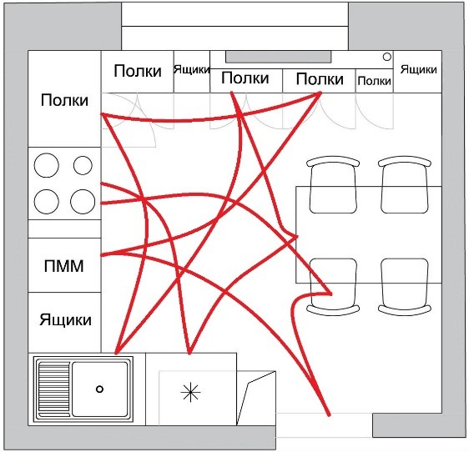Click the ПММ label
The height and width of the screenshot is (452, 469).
click(x=63, y=266)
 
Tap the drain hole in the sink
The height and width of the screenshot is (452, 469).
click(x=99, y=389)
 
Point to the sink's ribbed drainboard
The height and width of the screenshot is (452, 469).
click(x=54, y=389)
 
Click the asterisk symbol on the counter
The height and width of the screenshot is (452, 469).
click(x=190, y=393)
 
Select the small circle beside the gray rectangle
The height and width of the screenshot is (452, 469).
click(x=387, y=57)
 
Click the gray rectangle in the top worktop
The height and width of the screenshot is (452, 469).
click(x=278, y=57)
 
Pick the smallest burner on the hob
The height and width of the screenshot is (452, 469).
click(x=83, y=165)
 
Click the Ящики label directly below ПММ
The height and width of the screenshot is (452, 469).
click(x=65, y=320)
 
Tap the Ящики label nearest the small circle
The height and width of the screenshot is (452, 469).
click(x=418, y=70)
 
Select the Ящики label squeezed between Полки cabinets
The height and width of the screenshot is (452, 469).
click(x=192, y=70)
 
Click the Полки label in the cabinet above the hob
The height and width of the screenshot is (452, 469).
click(x=64, y=100)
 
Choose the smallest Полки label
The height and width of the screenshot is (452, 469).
click(x=374, y=81)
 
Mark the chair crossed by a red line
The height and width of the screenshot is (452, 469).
click(x=333, y=287)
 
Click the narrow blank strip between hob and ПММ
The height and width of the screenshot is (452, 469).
click(x=64, y=229)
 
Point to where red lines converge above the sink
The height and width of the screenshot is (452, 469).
click(x=117, y=353)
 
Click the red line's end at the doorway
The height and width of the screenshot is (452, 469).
click(x=330, y=414)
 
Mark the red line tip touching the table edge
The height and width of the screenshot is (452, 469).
click(x=297, y=237)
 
